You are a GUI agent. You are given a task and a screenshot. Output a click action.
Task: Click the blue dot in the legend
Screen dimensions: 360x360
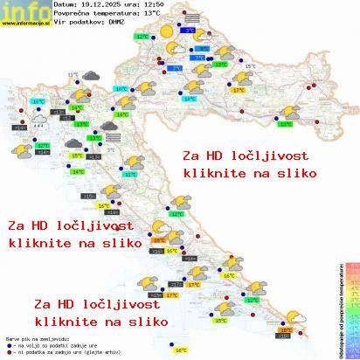[8, 341]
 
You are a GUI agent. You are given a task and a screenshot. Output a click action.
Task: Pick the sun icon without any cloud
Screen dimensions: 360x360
[166, 31]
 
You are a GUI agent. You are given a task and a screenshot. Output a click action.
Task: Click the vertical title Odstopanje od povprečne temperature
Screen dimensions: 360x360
[338, 310]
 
